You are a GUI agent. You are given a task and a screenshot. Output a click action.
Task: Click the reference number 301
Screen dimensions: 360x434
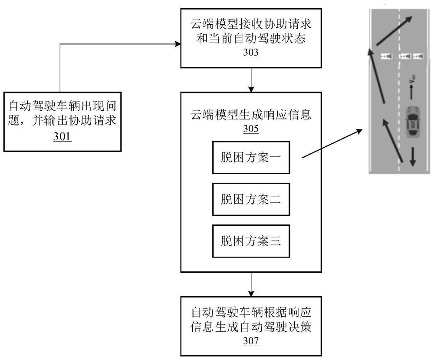(x=62, y=136)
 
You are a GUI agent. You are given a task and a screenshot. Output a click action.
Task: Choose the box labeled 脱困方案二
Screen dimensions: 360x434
(x=251, y=200)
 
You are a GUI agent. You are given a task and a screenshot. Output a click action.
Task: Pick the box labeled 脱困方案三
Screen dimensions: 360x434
(x=251, y=241)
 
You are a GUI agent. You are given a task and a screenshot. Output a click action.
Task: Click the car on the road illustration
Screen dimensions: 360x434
(x=412, y=122)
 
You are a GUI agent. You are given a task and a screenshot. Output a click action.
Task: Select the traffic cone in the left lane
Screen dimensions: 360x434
(x=386, y=56)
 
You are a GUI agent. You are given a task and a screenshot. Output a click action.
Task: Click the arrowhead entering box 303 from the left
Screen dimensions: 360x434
(x=177, y=44)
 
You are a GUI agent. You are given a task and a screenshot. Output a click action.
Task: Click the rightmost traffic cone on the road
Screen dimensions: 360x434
(x=418, y=56)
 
